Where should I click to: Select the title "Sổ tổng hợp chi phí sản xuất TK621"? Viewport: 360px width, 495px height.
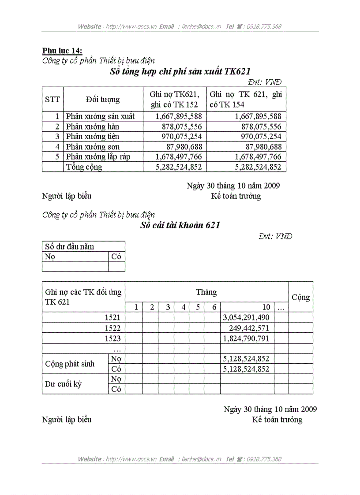click(180, 72)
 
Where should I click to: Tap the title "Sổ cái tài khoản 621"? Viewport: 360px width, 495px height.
click(180, 225)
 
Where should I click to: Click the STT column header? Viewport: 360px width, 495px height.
click(52, 100)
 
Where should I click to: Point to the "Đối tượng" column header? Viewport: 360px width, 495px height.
click(103, 100)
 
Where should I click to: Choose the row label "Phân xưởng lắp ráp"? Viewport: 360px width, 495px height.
click(98, 157)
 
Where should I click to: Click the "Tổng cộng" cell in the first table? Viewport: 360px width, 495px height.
click(84, 167)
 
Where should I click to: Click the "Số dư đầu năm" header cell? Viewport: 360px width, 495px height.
click(70, 246)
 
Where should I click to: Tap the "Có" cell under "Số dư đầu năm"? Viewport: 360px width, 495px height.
click(116, 257)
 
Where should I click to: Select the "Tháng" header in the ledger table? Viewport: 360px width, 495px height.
click(206, 292)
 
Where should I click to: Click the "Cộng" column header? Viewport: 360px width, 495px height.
click(300, 297)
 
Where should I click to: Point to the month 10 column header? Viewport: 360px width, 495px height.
click(266, 307)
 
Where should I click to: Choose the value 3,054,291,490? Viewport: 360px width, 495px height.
click(247, 317)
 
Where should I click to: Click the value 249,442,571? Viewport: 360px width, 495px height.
click(249, 328)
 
